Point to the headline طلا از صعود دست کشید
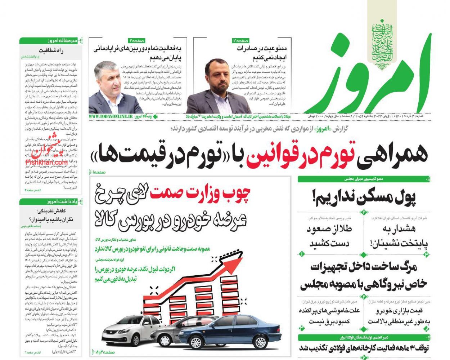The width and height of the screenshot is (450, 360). (329, 236)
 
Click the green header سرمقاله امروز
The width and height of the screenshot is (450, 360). (62, 41)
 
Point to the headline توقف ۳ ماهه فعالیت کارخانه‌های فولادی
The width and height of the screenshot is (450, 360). (364, 348)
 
